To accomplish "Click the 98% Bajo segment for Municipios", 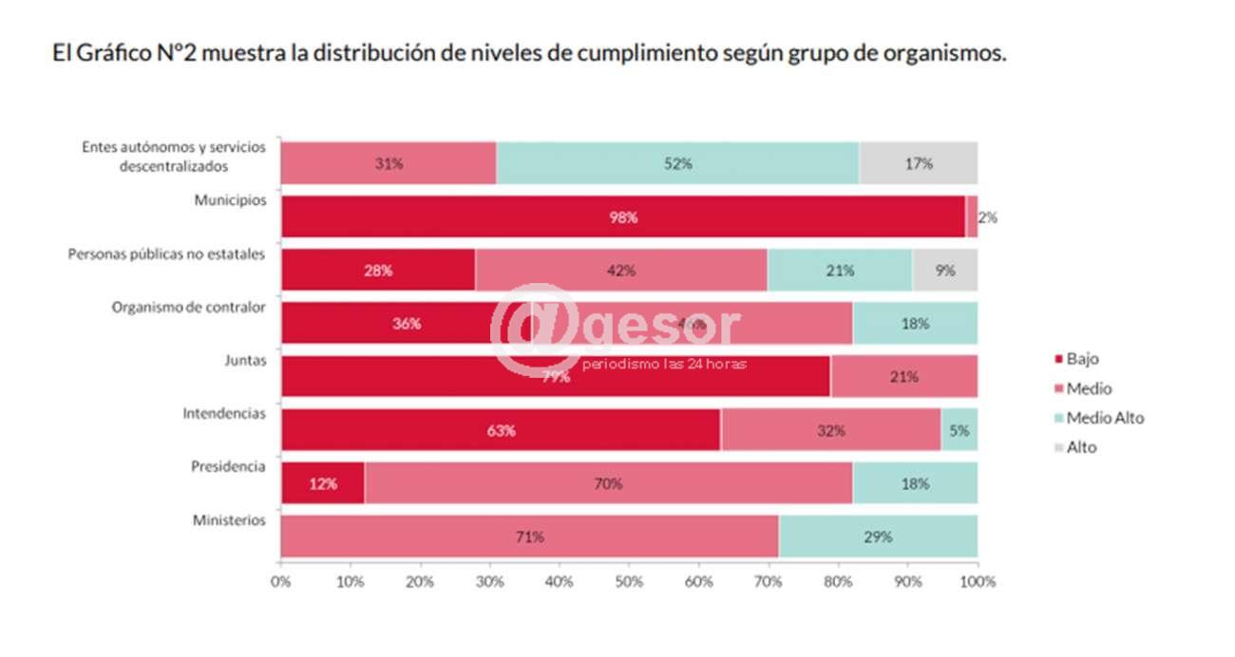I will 623,216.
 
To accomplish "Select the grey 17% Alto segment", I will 918,163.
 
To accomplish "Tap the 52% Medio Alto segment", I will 677,163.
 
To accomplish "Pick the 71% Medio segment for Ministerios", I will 529,536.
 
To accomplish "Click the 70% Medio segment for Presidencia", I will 608,483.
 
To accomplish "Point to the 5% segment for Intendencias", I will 959,430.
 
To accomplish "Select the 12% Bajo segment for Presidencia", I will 323,483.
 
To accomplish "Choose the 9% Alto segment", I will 944,271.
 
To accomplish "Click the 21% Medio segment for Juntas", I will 904,377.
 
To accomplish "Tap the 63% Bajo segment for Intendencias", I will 501,430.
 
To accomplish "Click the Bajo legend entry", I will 1082,359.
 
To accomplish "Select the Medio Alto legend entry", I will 1105,418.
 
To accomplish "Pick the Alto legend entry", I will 1081,446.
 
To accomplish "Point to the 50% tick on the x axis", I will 629,581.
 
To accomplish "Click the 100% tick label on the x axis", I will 978,581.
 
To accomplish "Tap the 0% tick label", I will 281,581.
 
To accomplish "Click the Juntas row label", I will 244,361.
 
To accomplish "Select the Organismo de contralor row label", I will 188,307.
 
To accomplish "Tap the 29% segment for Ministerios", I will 878,536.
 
